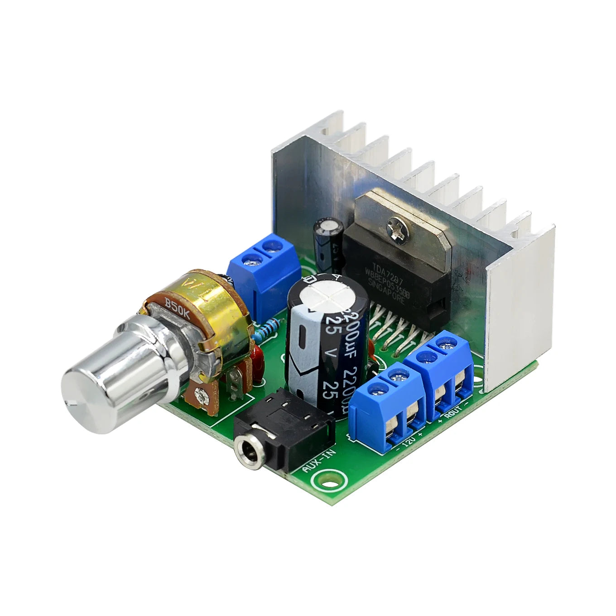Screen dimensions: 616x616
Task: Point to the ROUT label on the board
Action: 454,410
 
